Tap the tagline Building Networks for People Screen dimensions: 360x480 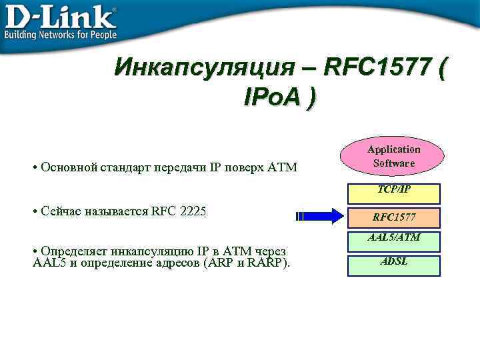coord(61,34)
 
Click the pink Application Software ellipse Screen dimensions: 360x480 coord(394,157)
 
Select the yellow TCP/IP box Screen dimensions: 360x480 coord(394,193)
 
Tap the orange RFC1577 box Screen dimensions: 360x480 coord(394,217)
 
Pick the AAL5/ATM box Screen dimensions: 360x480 coord(394,241)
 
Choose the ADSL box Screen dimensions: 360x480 coord(394,265)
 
